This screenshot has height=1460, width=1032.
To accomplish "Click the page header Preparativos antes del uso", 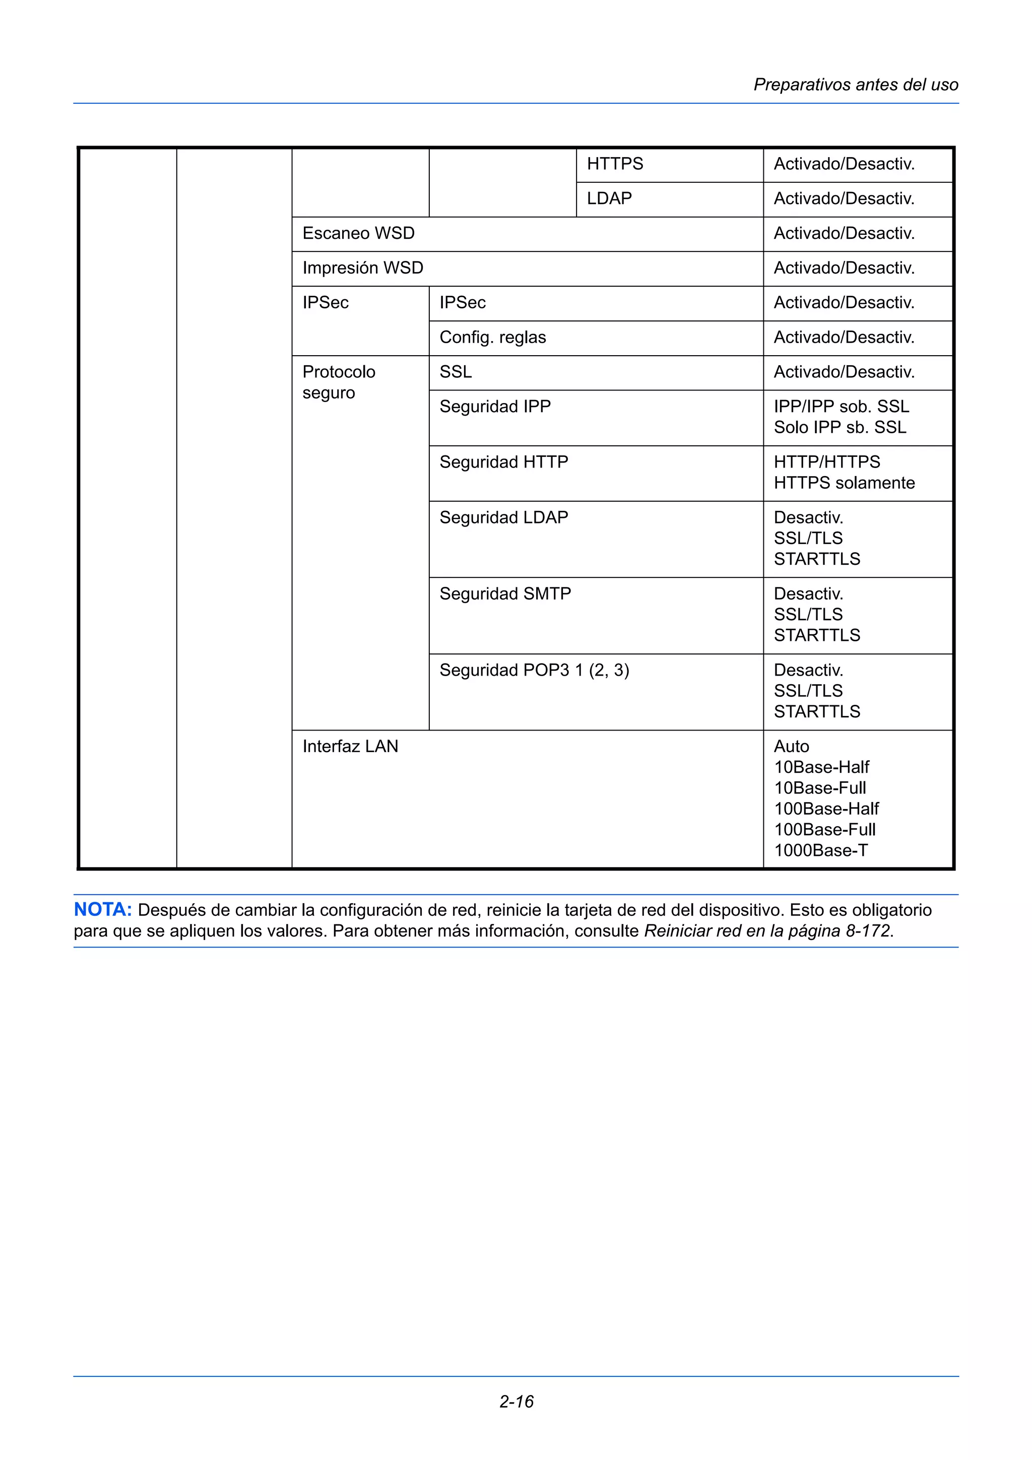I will pos(855,85).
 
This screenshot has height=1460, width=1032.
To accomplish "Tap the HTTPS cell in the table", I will pos(614,164).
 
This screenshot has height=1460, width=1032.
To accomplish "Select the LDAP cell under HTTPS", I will pos(609,198).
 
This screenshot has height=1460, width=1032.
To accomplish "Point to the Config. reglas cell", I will pos(492,337).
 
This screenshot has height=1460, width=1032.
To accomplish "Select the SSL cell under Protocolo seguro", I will pos(455,372).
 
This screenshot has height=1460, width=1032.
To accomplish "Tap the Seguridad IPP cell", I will pos(495,407).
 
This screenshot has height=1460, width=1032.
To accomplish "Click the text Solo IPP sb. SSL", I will pos(840,427).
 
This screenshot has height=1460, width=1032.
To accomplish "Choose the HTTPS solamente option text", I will pos(844,483).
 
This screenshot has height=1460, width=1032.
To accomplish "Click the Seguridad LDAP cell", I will pos(503,517).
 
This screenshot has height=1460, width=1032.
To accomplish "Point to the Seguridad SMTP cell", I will pos(505,594).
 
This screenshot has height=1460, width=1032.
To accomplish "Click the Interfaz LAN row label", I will pos(350,747).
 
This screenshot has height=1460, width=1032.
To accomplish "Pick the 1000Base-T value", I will pos(820,850).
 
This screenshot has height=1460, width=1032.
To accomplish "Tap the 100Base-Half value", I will pos(826,809).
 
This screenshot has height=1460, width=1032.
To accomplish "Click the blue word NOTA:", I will pos(102,910).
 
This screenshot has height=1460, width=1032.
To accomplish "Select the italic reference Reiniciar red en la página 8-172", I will pos(767,931).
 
